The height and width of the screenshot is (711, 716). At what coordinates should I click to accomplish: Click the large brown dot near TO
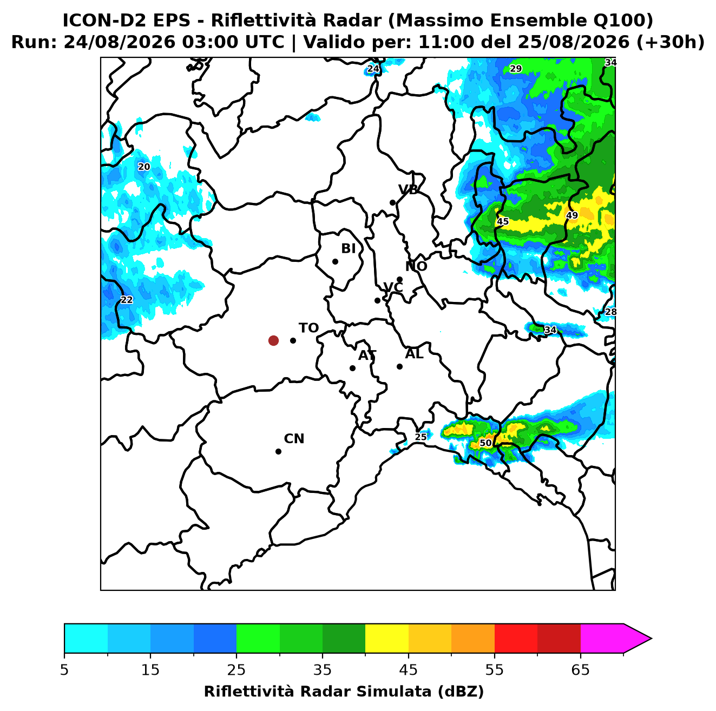pos(273,340)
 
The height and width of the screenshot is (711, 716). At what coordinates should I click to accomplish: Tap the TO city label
pos(308,328)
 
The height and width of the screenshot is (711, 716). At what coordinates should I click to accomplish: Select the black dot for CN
pos(278,451)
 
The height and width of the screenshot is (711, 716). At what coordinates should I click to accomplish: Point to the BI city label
pos(348,248)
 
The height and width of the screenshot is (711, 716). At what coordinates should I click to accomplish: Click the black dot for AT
pos(352,368)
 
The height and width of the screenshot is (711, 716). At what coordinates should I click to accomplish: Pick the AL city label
pos(414,354)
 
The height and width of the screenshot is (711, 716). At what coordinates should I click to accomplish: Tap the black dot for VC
pos(377,300)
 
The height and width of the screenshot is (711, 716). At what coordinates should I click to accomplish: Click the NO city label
pos(416,266)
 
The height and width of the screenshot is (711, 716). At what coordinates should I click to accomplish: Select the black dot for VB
pos(392,202)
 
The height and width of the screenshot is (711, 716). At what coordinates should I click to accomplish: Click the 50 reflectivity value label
pos(485,443)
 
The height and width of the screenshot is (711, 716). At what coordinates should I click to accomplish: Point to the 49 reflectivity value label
pos(572,215)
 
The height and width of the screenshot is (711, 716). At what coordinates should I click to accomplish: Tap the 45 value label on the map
pos(503,221)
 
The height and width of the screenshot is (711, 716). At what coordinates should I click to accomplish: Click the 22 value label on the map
pos(127,300)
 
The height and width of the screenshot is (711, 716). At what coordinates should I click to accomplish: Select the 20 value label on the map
pos(144,167)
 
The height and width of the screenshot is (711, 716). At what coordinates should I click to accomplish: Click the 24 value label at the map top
pos(373,69)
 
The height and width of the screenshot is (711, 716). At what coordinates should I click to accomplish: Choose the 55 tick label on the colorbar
pos(494,670)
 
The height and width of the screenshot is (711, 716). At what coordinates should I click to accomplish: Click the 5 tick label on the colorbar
pos(64,670)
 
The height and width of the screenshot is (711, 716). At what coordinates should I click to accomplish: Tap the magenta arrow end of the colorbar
pos(637,638)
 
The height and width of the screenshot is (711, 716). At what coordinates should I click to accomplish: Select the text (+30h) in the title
pos(670,42)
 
